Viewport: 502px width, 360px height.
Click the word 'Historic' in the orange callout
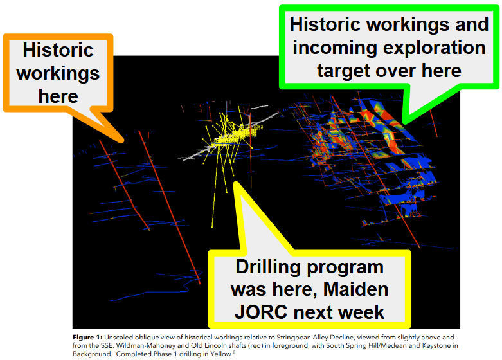(x=58, y=50)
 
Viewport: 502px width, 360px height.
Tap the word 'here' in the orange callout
(x=58, y=96)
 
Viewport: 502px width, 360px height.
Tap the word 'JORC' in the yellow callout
(x=261, y=312)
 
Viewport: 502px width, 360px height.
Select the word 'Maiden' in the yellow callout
(x=355, y=289)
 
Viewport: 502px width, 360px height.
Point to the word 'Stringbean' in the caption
(x=291, y=337)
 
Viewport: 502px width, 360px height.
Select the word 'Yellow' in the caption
(x=221, y=354)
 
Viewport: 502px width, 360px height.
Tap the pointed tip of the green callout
(x=404, y=122)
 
